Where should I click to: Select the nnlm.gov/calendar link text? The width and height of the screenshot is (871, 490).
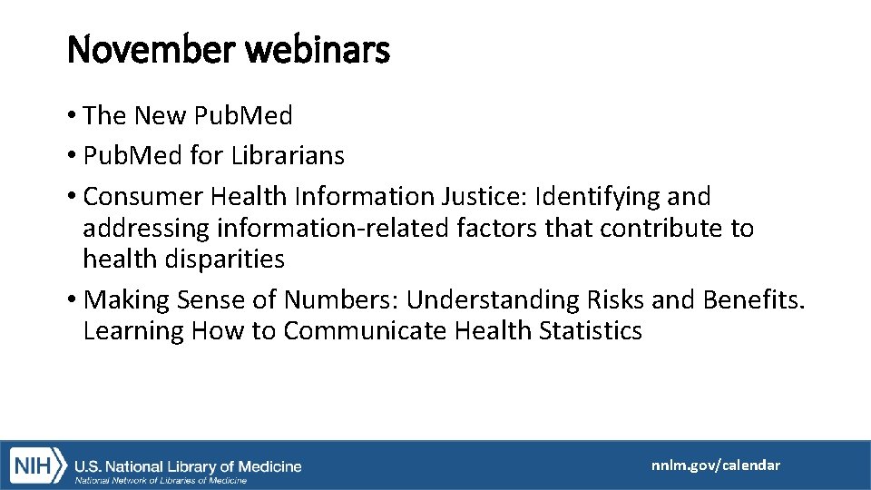point(715,465)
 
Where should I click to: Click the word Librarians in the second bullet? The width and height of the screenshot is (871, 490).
point(288,156)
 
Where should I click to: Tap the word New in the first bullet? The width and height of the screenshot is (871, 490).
point(159,116)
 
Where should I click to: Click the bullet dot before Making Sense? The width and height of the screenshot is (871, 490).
point(72,300)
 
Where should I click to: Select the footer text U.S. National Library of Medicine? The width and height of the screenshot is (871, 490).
point(188,466)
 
